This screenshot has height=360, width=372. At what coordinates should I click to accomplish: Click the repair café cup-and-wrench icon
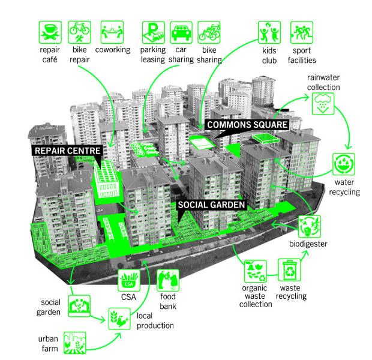tap(50, 32)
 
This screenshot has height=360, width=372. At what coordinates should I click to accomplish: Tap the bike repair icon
tap(79, 32)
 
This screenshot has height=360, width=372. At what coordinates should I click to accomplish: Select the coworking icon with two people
tap(112, 32)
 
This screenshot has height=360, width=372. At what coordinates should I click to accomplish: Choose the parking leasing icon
tap(154, 32)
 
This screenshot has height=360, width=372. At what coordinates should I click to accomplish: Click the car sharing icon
tap(181, 32)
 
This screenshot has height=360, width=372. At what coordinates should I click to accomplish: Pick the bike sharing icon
tap(209, 32)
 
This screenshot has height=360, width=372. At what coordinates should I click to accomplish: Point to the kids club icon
tap(269, 32)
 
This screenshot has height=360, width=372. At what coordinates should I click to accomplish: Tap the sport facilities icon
tap(302, 32)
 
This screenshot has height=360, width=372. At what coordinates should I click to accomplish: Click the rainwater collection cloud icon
tap(323, 104)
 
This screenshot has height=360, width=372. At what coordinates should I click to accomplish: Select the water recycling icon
tap(344, 164)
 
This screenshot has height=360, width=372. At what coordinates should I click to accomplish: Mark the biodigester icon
tap(310, 227)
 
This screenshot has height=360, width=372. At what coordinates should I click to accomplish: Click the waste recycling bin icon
tap(289, 270)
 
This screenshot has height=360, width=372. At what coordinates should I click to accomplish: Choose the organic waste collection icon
tap(256, 271)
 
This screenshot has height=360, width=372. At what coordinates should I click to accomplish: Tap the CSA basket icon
tap(129, 280)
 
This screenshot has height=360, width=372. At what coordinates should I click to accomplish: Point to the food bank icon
tap(168, 280)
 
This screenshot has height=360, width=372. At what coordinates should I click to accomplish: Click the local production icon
tap(119, 319)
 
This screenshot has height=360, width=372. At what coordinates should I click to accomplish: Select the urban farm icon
tap(75, 343)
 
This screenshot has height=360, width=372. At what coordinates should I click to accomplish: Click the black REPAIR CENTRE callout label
tap(67, 151)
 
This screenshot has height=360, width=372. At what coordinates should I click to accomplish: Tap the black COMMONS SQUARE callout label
tap(247, 125)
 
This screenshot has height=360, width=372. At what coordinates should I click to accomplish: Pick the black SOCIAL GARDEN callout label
tap(211, 205)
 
